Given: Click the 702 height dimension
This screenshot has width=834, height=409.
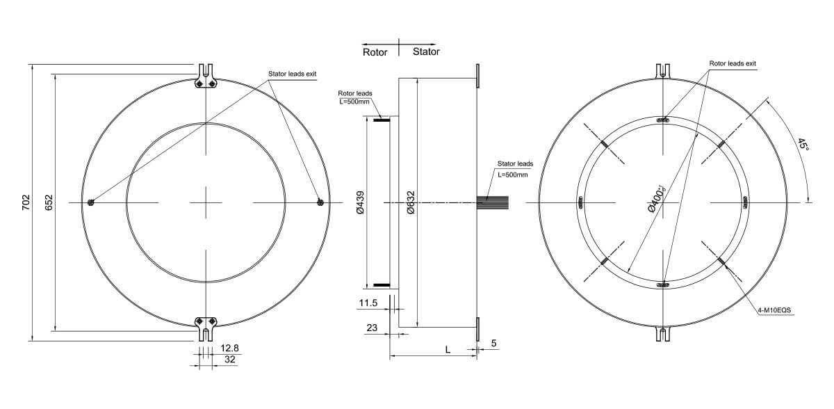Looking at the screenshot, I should pyautogui.click(x=26, y=202).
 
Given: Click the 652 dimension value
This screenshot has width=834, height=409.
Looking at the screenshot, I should pyautogui.click(x=49, y=202).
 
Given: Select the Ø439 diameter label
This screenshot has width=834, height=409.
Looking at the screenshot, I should pyautogui.click(x=359, y=202).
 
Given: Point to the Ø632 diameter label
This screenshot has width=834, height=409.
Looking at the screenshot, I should pyautogui.click(x=411, y=202).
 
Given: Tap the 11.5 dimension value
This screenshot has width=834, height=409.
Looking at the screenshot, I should pyautogui.click(x=368, y=304).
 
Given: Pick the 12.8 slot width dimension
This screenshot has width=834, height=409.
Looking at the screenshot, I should pyautogui.click(x=230, y=347).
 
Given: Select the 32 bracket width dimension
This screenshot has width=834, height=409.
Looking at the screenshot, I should pyautogui.click(x=229, y=359).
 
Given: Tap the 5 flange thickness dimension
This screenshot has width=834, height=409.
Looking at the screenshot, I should pyautogui.click(x=493, y=343).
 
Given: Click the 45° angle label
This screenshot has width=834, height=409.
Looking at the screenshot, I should pyautogui.click(x=803, y=144).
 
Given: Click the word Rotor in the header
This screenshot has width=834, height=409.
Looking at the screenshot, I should pyautogui.click(x=375, y=52).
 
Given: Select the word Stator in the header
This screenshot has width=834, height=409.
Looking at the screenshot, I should pyautogui.click(x=426, y=52).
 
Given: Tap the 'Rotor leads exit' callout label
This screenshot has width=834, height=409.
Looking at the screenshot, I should pyautogui.click(x=733, y=63).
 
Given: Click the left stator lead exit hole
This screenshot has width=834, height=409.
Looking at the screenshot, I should pyautogui.click(x=91, y=202).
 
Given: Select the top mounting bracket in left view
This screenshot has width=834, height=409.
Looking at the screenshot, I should pyautogui.click(x=206, y=79).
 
